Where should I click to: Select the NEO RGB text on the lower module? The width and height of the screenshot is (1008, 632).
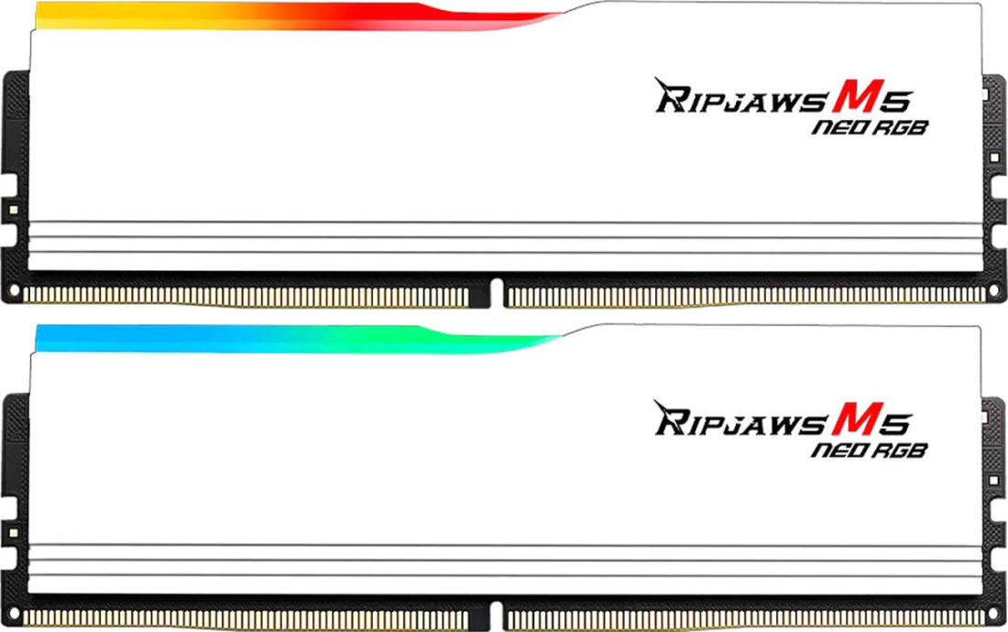870,451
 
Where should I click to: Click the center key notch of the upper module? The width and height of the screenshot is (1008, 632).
496,293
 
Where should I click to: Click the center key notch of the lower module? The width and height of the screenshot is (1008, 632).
496,615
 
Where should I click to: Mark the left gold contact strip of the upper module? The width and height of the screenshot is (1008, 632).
246,297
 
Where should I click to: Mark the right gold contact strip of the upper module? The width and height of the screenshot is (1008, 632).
746,297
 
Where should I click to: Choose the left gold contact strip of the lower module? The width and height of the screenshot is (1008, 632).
246,618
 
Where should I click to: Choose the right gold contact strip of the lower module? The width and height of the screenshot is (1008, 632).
746,618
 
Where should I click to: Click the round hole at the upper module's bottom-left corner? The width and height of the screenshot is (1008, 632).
14,292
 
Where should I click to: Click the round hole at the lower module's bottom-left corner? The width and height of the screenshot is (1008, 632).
14,615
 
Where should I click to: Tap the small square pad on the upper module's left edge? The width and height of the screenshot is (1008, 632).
13,210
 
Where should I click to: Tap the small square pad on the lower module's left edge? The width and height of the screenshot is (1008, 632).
13,532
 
